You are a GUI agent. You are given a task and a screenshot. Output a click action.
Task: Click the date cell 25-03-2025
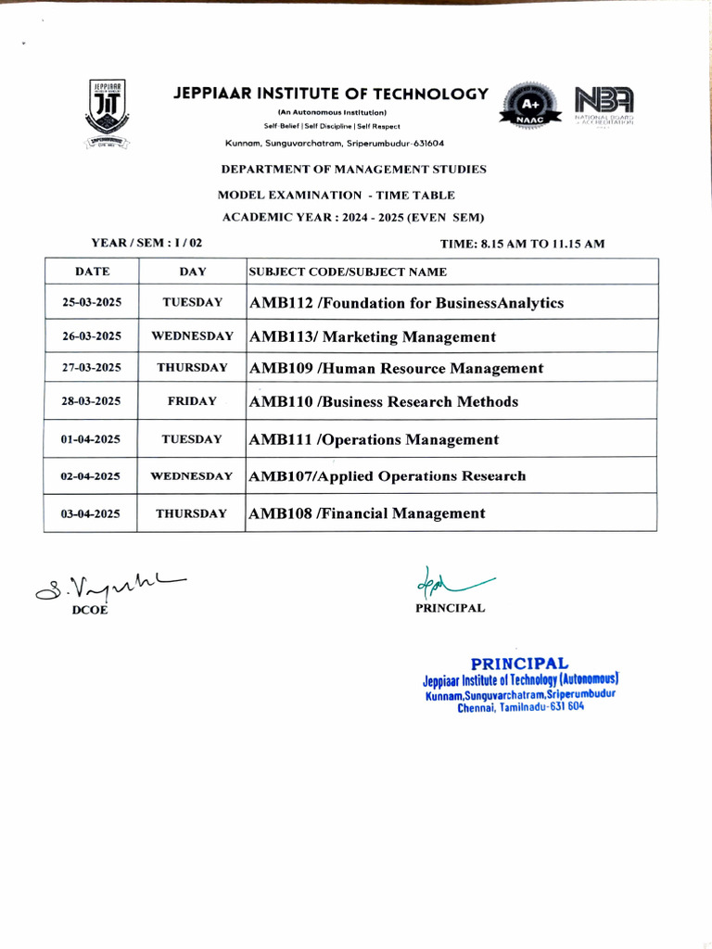[92, 303]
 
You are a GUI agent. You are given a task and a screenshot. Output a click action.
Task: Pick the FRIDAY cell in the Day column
[192, 401]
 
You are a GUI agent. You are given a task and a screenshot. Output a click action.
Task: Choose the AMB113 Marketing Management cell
[373, 336]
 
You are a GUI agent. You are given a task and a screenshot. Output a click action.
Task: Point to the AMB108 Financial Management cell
[367, 513]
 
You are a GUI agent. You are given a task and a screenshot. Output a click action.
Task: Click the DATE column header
[92, 272]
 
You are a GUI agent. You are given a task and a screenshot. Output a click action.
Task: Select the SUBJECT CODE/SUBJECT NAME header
[348, 272]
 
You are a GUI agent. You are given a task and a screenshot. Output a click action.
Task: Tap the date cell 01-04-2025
[90, 439]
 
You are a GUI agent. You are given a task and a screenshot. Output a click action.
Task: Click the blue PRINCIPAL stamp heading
[519, 664]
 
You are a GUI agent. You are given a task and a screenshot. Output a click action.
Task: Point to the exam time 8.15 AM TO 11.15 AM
[522, 244]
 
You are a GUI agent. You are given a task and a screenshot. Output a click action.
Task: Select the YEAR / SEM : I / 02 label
[146, 243]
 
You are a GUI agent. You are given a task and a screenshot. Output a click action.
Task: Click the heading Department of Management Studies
[353, 170]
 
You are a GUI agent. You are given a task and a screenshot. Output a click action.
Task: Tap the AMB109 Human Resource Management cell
[396, 368]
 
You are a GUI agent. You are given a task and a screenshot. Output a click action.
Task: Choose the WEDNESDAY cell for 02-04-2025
[191, 476]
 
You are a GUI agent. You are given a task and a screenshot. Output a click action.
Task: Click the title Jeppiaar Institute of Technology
[330, 94]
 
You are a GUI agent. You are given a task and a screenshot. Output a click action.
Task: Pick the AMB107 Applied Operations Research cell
[388, 476]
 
